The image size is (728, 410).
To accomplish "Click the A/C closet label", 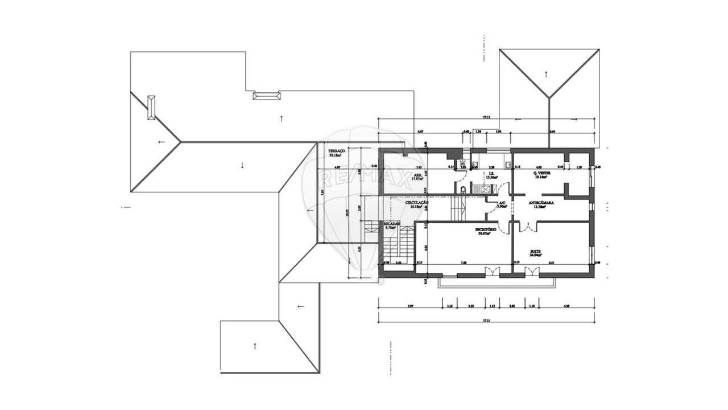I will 502,203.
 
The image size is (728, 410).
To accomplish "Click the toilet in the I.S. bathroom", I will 464,190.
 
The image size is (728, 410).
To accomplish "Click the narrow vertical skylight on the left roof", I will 151,107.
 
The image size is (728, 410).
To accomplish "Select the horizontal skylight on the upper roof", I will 267,96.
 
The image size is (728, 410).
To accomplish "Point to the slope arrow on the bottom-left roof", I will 255,345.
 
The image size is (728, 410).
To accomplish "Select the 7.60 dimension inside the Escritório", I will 464,263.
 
